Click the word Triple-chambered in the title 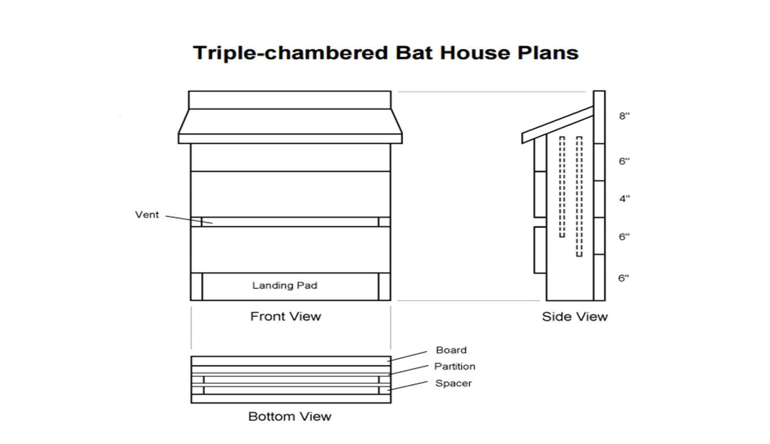pyautogui.click(x=291, y=53)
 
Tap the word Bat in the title pyautogui.click(x=414, y=53)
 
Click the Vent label pyautogui.click(x=147, y=215)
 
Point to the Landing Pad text pyautogui.click(x=284, y=285)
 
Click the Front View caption pyautogui.click(x=286, y=316)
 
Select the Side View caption pyautogui.click(x=574, y=316)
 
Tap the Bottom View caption pyautogui.click(x=290, y=416)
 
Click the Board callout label pyautogui.click(x=452, y=350)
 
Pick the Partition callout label pyautogui.click(x=455, y=366)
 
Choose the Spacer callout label pyautogui.click(x=453, y=383)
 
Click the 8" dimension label pyautogui.click(x=624, y=115)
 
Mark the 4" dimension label pyautogui.click(x=625, y=199)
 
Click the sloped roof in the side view pyautogui.click(x=557, y=125)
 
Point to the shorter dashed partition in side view pyautogui.click(x=562, y=187)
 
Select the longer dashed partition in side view pyautogui.click(x=579, y=196)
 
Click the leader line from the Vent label pyautogui.click(x=189, y=219)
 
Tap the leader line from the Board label pyautogui.click(x=407, y=356)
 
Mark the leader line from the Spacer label pyautogui.click(x=408, y=386)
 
